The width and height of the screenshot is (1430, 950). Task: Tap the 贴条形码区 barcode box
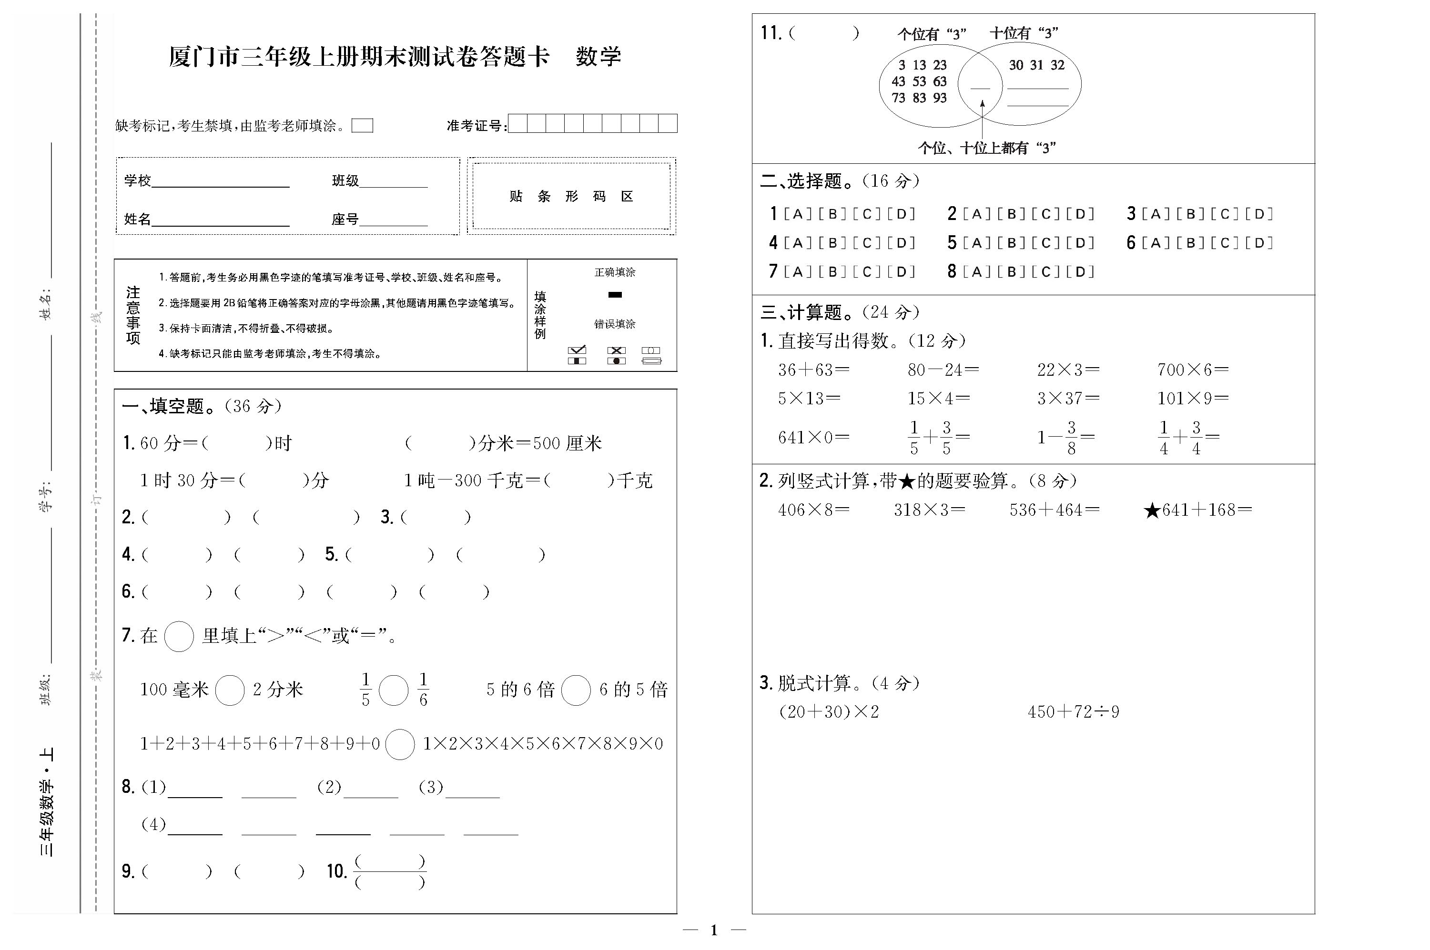(x=571, y=196)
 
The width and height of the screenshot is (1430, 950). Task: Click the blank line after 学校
(x=220, y=182)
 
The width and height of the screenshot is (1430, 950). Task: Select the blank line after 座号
(x=394, y=220)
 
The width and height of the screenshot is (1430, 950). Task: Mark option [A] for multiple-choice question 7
(x=798, y=272)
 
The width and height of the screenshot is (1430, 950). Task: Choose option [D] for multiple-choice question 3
(x=1259, y=214)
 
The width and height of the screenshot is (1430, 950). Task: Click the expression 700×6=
(x=1192, y=370)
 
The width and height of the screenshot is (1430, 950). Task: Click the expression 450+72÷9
(x=1073, y=711)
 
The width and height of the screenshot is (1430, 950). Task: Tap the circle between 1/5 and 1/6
(x=394, y=690)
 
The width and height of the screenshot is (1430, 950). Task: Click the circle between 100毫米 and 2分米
(x=230, y=690)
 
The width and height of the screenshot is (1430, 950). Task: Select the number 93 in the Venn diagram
(x=940, y=98)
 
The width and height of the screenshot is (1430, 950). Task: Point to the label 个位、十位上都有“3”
(x=987, y=148)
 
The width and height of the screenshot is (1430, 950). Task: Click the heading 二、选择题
(x=800, y=180)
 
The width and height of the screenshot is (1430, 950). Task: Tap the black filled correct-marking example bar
(x=615, y=295)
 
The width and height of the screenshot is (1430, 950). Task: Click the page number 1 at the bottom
(x=714, y=930)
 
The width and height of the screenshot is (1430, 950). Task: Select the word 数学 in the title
(x=598, y=57)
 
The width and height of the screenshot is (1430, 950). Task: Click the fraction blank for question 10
(x=390, y=871)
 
